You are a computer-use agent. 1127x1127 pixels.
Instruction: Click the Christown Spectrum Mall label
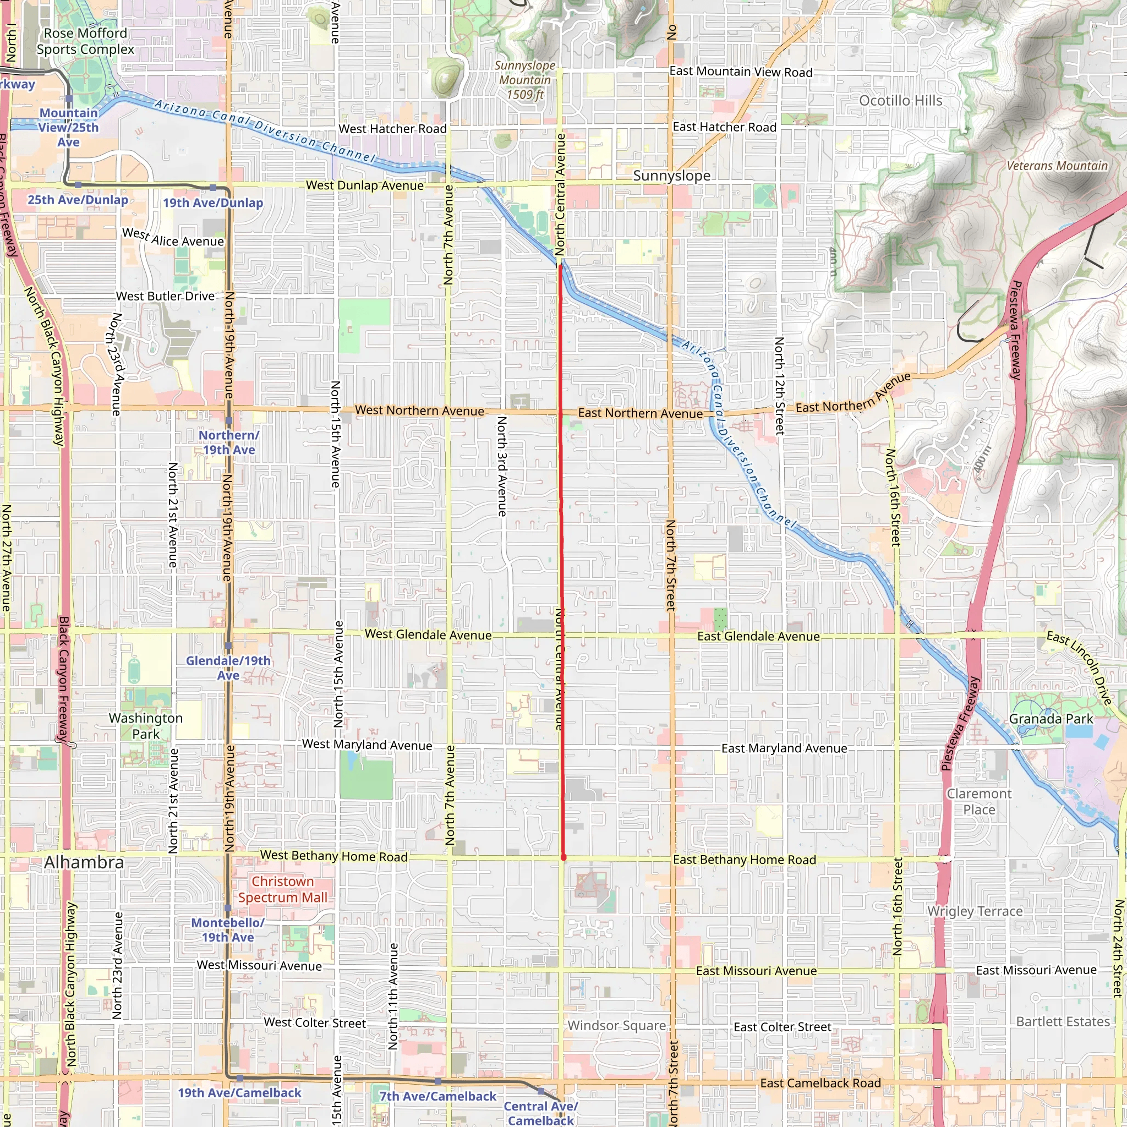(x=283, y=890)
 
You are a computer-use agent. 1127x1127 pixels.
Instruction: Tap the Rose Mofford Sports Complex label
(x=85, y=41)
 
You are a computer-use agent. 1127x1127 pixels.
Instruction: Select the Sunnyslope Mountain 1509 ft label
(x=525, y=80)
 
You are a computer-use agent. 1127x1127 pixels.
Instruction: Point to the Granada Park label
(x=1051, y=719)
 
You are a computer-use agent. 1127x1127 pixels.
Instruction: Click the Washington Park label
(x=146, y=726)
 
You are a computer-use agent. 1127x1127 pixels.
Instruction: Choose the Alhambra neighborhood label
(x=84, y=862)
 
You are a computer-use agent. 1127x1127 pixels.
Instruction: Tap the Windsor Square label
(x=616, y=1026)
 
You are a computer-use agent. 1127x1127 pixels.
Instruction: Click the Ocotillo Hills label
(x=901, y=101)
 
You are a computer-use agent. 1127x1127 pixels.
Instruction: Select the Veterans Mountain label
(x=1057, y=166)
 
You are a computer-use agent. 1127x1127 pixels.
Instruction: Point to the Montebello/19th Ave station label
(x=228, y=930)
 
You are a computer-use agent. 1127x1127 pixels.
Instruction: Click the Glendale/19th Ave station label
(x=228, y=668)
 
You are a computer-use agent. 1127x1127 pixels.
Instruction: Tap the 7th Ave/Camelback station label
(x=438, y=1096)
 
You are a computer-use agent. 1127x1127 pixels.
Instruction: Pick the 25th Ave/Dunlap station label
(x=78, y=200)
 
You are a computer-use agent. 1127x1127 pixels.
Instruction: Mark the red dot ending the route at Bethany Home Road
(x=563, y=857)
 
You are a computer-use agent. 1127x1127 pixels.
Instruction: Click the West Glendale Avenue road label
(x=428, y=634)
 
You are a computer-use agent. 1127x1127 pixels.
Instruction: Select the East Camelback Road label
(x=820, y=1083)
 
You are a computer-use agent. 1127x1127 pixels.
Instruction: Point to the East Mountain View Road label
(x=741, y=72)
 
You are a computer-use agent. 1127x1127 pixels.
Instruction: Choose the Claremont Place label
(x=980, y=801)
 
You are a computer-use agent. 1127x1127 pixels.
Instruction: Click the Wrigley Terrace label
(x=975, y=911)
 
